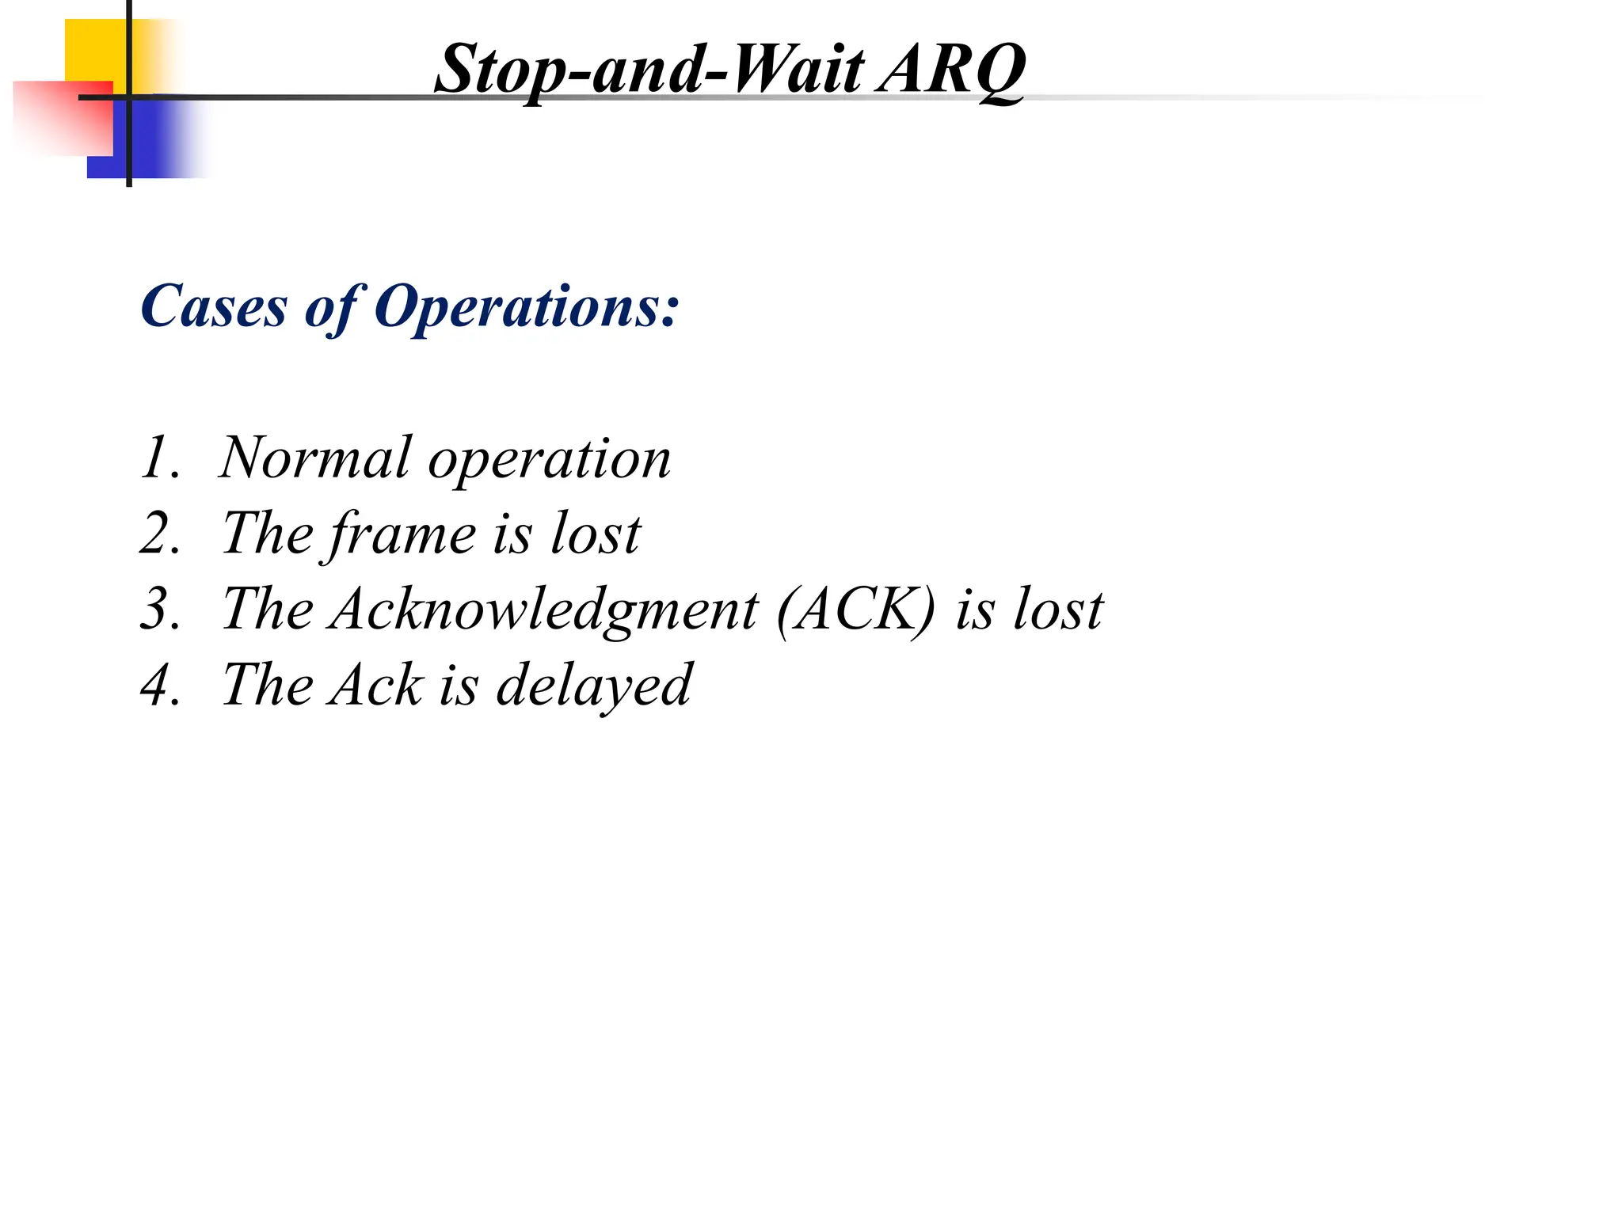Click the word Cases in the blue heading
coord(214,307)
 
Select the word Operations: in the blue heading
coord(527,307)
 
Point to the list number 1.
coord(158,458)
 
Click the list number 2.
coord(158,534)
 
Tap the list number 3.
coord(158,610)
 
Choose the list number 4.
coord(158,686)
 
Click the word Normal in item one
coord(315,458)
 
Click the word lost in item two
coord(596,534)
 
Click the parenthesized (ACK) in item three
coord(856,610)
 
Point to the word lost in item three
coord(1059,610)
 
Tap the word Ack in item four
coord(377,686)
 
